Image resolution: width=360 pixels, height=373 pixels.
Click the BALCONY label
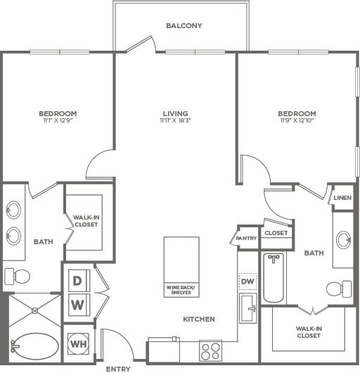point(184,25)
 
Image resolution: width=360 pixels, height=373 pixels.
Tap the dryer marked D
point(79,281)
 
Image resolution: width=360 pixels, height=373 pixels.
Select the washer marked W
point(79,305)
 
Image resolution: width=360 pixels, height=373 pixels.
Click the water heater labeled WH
point(79,344)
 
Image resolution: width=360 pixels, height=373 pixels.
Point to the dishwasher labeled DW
point(247,282)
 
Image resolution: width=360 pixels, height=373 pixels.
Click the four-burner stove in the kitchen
point(210,351)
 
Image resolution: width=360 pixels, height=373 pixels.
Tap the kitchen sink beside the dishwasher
point(247,308)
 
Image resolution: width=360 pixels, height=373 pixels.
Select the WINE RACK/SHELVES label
point(181,290)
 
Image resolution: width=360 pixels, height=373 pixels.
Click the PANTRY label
point(246,238)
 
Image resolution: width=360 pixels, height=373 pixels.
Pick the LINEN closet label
point(342,198)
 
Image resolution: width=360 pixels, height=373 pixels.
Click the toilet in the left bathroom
point(18,277)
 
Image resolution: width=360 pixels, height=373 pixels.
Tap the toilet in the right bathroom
point(339,289)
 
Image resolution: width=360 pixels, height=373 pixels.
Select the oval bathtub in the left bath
point(34,346)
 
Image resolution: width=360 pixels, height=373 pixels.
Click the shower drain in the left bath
point(35,310)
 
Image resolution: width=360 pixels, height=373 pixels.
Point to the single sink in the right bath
point(344,240)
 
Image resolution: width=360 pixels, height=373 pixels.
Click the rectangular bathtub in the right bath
point(274,278)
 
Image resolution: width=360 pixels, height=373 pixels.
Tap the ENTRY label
point(118,369)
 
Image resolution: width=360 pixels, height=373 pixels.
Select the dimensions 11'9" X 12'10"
point(297,120)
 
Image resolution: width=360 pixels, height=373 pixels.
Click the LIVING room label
point(175,113)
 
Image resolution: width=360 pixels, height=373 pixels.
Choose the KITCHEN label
point(199,319)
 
